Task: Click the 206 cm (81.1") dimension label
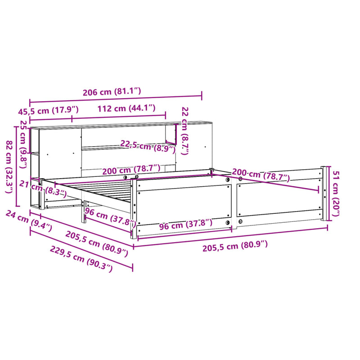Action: pyautogui.click(x=112, y=92)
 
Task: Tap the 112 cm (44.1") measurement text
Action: pyautogui.click(x=126, y=108)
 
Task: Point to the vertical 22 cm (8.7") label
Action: pyautogui.click(x=185, y=130)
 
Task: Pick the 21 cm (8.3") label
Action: pyautogui.click(x=43, y=189)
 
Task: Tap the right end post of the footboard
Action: pyautogui.click(x=323, y=193)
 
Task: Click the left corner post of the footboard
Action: pyautogui.click(x=134, y=207)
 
